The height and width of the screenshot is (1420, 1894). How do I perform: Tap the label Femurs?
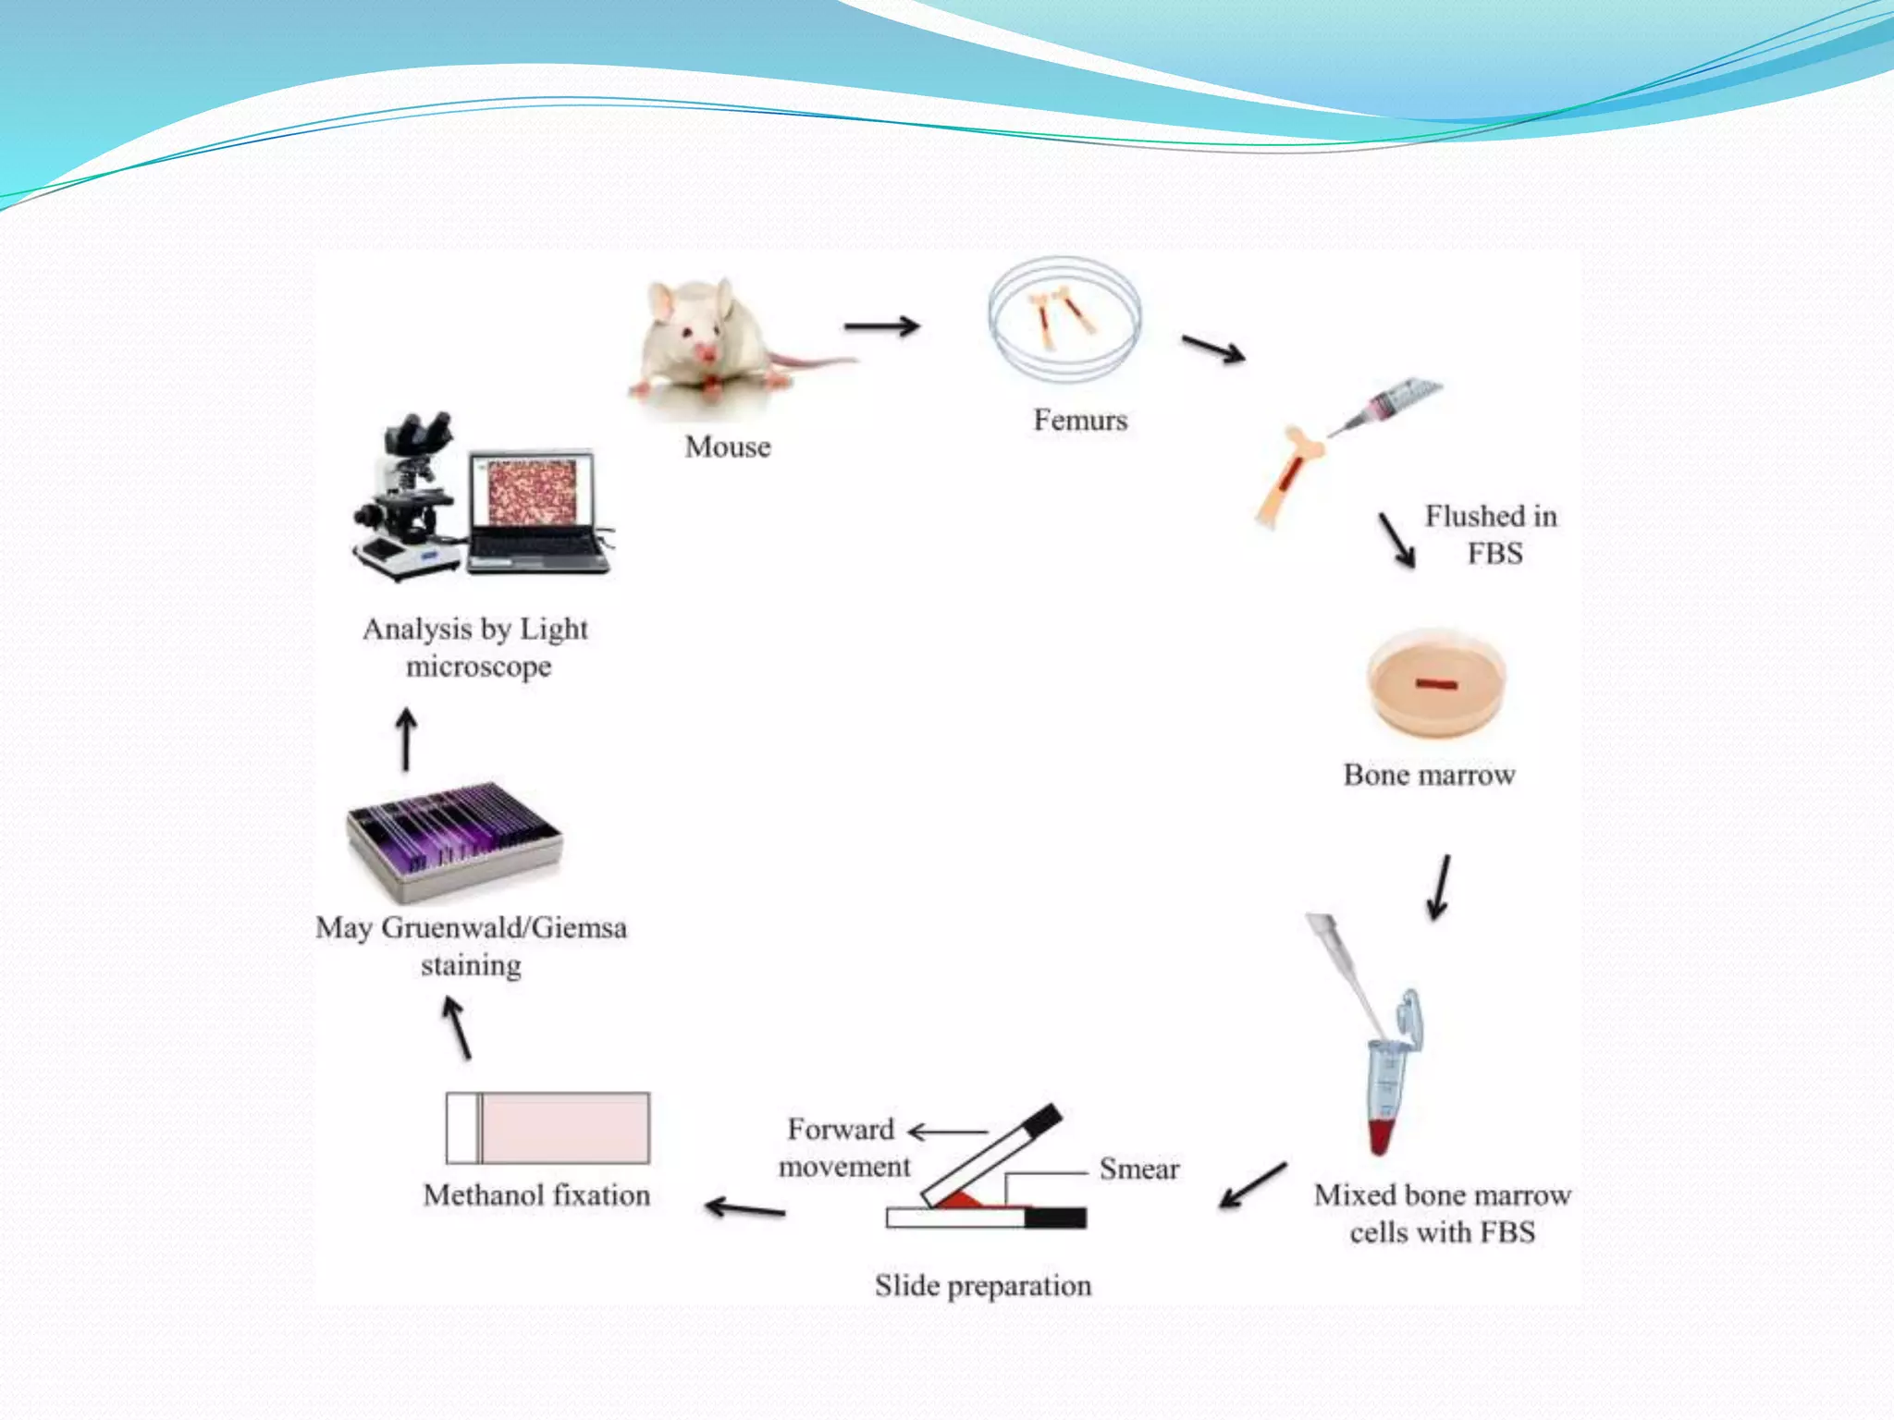click(x=1080, y=421)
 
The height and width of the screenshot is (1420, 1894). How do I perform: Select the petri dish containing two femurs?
click(x=1064, y=320)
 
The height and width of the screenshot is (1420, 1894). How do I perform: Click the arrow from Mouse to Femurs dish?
click(x=881, y=325)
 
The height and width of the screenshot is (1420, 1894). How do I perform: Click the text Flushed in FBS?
click(x=1491, y=534)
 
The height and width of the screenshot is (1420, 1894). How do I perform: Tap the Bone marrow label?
click(x=1429, y=775)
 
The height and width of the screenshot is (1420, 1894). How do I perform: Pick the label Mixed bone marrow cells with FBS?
click(x=1442, y=1213)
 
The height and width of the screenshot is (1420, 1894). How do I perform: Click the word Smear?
click(x=1138, y=1169)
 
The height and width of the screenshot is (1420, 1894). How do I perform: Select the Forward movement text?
click(x=842, y=1147)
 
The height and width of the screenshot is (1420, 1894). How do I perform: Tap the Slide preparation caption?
click(x=983, y=1286)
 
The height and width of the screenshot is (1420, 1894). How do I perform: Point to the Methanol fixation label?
click(x=536, y=1195)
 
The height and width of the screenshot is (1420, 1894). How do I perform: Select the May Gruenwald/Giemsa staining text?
click(x=471, y=946)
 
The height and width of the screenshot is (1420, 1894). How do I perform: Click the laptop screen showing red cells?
click(x=531, y=492)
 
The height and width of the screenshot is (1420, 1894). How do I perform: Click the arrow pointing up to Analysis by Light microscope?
click(x=406, y=740)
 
